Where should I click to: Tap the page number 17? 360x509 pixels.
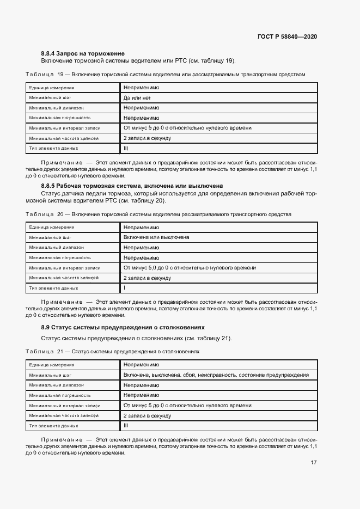pos(314,463)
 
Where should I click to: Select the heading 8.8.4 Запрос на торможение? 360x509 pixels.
pos(83,53)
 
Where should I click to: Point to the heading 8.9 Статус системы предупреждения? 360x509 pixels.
pos(123,327)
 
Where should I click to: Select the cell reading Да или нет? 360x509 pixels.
pos(137,98)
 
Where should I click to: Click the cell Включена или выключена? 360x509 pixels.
pos(156,237)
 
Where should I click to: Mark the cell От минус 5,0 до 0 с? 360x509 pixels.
pos(190,268)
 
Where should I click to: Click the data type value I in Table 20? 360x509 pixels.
pos(124,287)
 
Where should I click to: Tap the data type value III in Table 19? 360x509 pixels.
pos(126,148)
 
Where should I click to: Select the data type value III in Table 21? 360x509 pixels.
pos(126,426)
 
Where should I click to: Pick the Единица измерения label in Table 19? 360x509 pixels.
pos(52,88)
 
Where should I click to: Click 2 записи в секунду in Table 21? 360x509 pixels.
pos(147,416)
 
